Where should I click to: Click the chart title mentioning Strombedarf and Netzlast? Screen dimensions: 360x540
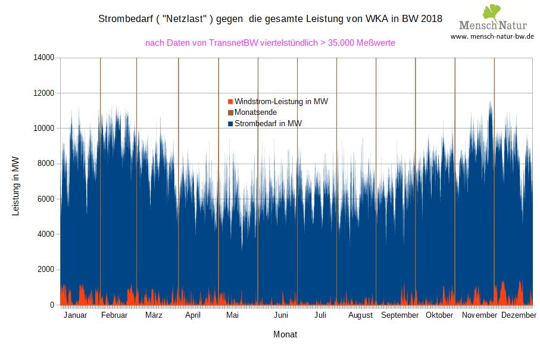pos(270,18)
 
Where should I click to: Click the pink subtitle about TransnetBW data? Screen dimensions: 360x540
pos(270,43)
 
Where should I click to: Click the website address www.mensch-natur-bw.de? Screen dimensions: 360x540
pos(492,36)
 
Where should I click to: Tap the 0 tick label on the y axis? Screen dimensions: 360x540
pos(52,305)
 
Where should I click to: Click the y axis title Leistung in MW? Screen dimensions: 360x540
pos(16,186)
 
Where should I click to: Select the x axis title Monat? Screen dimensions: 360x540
pos(285,334)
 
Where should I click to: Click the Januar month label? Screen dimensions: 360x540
pos(75,315)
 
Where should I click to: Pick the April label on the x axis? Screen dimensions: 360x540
pos(193,315)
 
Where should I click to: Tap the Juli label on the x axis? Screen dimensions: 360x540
pos(320,315)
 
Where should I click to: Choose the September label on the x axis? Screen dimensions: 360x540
pos(400,315)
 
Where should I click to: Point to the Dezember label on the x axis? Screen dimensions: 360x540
pos(519,315)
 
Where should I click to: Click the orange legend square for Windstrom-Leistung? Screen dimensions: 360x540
pos(231,102)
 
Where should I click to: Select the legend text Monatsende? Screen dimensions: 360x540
pos(255,112)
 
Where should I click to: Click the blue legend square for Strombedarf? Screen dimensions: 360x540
pos(231,124)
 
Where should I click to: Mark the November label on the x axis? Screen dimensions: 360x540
pos(480,315)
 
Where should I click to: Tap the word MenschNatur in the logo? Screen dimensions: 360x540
pos(492,26)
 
